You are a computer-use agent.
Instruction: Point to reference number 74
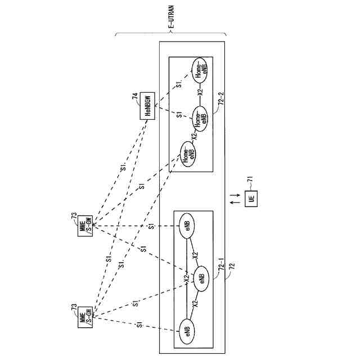point(135,97)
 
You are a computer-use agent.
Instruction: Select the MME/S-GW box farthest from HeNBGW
point(85,317)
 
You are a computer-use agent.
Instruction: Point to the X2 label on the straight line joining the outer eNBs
point(186,277)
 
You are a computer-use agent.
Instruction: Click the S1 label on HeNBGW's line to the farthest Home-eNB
point(178,84)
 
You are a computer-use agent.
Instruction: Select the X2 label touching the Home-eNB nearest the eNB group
point(193,136)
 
